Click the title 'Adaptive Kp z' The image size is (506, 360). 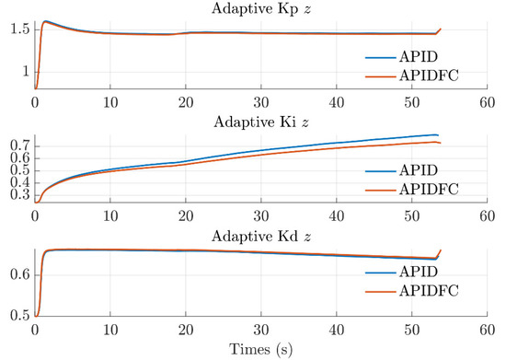pos(259,8)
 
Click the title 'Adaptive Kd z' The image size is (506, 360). pos(259,236)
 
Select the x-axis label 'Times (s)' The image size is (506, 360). pos(259,350)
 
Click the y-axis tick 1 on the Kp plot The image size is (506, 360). pos(26,71)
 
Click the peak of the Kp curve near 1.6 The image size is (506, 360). pos(46,21)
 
